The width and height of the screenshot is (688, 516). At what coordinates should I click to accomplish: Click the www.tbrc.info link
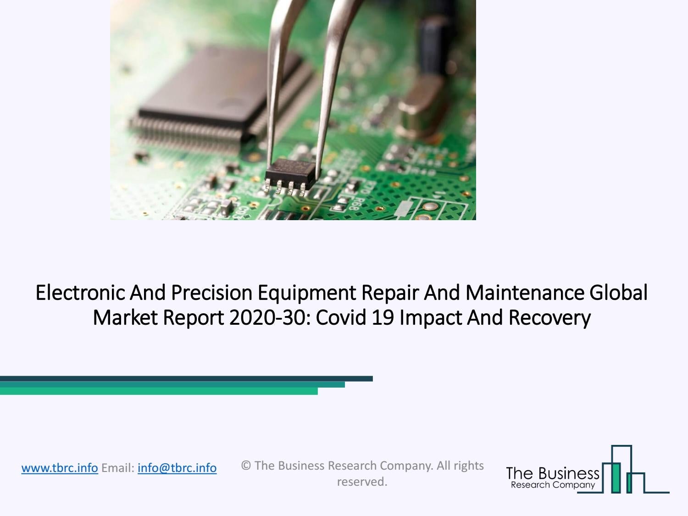tap(60, 468)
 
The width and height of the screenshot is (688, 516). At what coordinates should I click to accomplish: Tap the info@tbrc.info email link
tap(177, 468)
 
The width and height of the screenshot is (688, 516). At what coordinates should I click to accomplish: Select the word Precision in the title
tap(205, 293)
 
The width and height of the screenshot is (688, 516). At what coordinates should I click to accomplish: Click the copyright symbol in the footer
tap(246, 466)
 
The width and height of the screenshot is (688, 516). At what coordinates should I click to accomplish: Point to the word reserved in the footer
tap(362, 482)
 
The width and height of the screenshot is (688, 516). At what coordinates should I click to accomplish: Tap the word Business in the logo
tap(569, 473)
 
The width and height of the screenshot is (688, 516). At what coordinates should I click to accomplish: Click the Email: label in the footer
tap(118, 468)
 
